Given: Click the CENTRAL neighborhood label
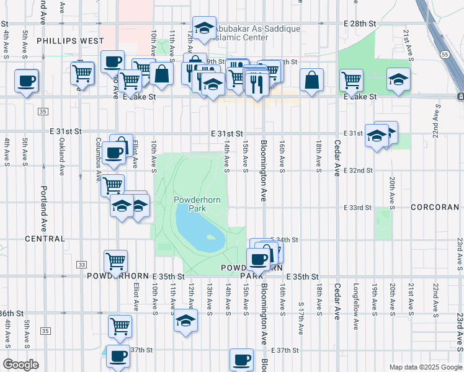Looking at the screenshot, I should point(45,239).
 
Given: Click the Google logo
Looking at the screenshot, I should point(20,365).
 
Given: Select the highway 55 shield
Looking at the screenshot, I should point(446,54).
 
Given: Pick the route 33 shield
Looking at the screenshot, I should point(82,265).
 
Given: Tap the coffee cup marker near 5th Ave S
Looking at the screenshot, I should point(27,81).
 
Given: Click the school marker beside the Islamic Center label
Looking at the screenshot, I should point(203,28).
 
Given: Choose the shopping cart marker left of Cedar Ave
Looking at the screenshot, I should point(351,81).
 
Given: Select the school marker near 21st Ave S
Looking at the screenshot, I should point(398,79).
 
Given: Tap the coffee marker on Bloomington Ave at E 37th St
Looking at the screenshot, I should point(241,360).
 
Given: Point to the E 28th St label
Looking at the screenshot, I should point(360,23).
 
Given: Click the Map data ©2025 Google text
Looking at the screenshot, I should point(425,367).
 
